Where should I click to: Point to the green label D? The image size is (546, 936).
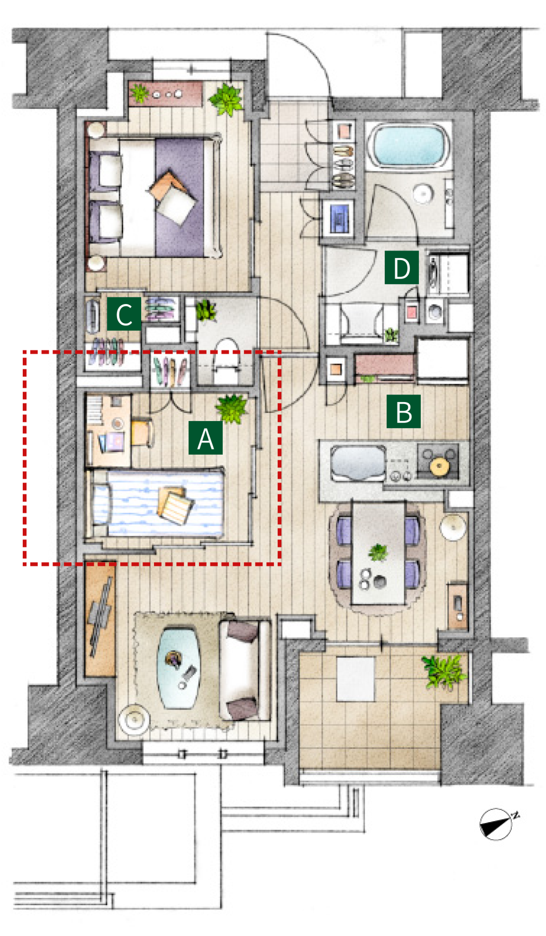tap(401, 267)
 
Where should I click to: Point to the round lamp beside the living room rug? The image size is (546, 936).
tap(134, 720)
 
